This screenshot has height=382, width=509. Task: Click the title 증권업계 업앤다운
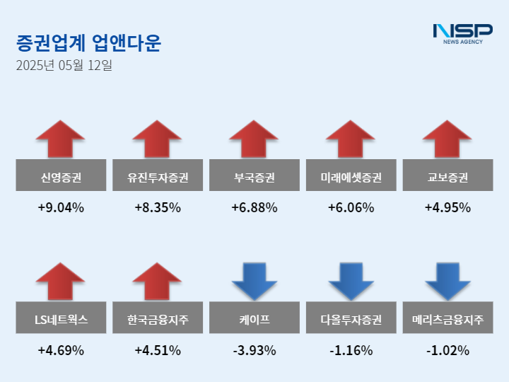tap(88, 44)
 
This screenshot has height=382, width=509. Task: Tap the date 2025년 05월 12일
tap(64, 66)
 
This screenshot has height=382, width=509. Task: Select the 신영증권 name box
tap(61, 176)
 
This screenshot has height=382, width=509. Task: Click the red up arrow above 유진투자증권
tap(157, 139)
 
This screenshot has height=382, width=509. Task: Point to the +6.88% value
tap(254, 208)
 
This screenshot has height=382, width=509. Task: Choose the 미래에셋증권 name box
tap(351, 176)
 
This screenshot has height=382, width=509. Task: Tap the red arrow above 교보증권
tap(447, 139)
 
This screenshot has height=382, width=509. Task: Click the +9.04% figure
tap(61, 208)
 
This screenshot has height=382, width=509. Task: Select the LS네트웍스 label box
tap(61, 318)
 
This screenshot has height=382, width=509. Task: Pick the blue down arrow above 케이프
tap(254, 281)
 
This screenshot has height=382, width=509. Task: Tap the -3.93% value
tap(254, 350)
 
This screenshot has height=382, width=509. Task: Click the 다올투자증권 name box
tap(351, 318)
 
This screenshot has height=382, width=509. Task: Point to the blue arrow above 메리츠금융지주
tap(447, 281)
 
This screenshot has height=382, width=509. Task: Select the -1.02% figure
tap(447, 350)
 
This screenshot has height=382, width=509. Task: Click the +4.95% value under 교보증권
tap(447, 208)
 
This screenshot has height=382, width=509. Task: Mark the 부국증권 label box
tap(254, 176)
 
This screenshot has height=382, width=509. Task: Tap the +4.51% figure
tap(157, 350)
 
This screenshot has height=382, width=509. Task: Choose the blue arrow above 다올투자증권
tap(351, 281)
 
